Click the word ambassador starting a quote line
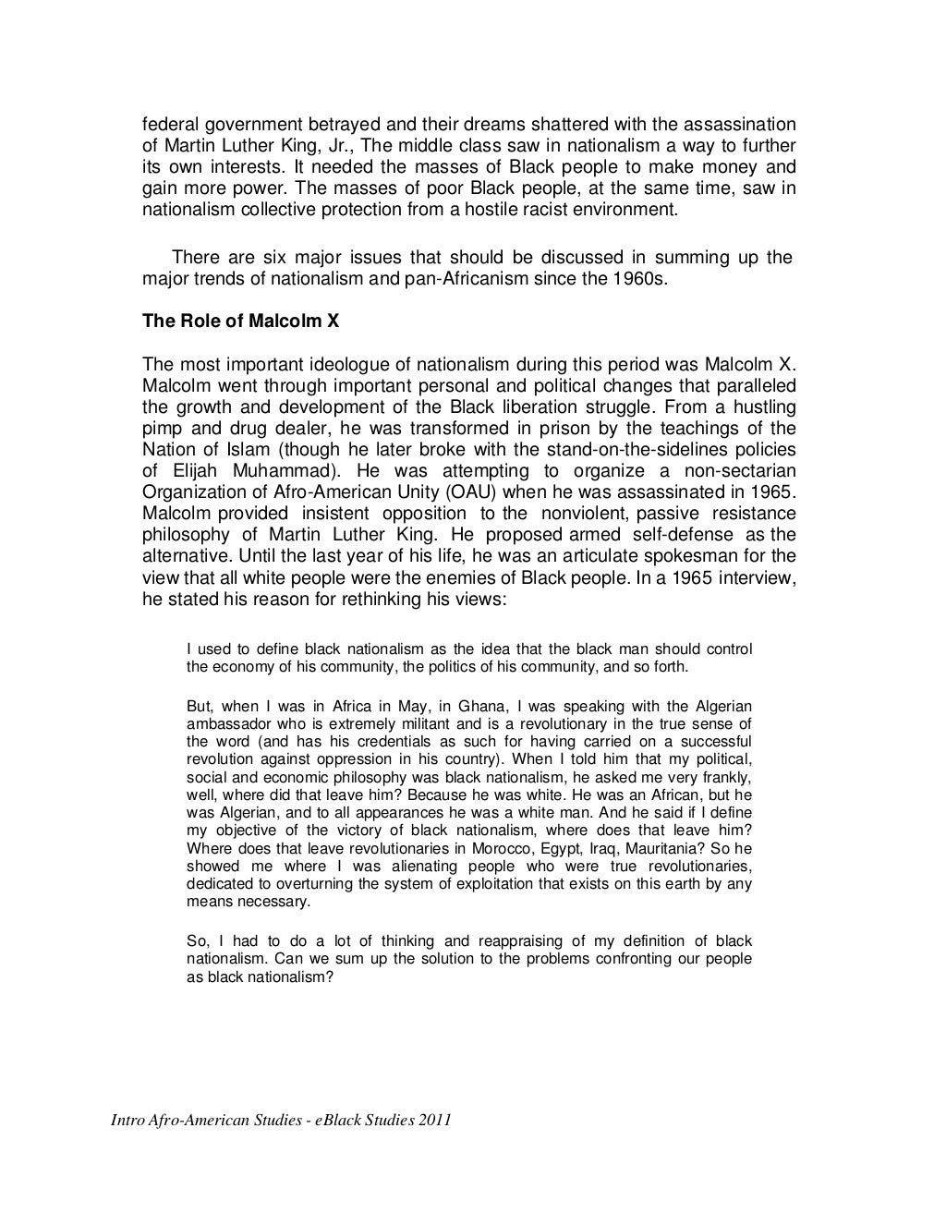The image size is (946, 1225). click(x=227, y=724)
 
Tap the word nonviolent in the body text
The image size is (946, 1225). click(x=579, y=513)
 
